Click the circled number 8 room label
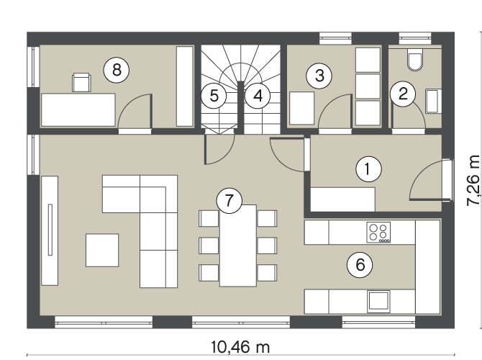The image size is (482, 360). coord(117,70)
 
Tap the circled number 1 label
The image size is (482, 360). coord(368,169)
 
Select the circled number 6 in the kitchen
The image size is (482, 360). coord(360,265)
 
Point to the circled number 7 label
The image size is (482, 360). coord(229,201)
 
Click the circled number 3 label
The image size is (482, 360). coord(319,76)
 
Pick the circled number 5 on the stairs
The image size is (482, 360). coord(214,96)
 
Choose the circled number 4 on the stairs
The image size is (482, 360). coord(258,96)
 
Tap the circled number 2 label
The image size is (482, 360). coord(403,94)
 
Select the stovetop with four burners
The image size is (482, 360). coord(378,233)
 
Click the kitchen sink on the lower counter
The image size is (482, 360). coord(378,301)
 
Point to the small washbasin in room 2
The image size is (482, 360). coord(433,101)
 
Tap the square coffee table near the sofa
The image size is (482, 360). coord(102,250)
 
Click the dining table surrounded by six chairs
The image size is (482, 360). coord(238,246)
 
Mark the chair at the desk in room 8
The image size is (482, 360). coord(81,83)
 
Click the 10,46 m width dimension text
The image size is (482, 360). coord(240,347)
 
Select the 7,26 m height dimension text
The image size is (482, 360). coord(473,181)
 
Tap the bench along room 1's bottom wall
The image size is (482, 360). coord(342,199)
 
